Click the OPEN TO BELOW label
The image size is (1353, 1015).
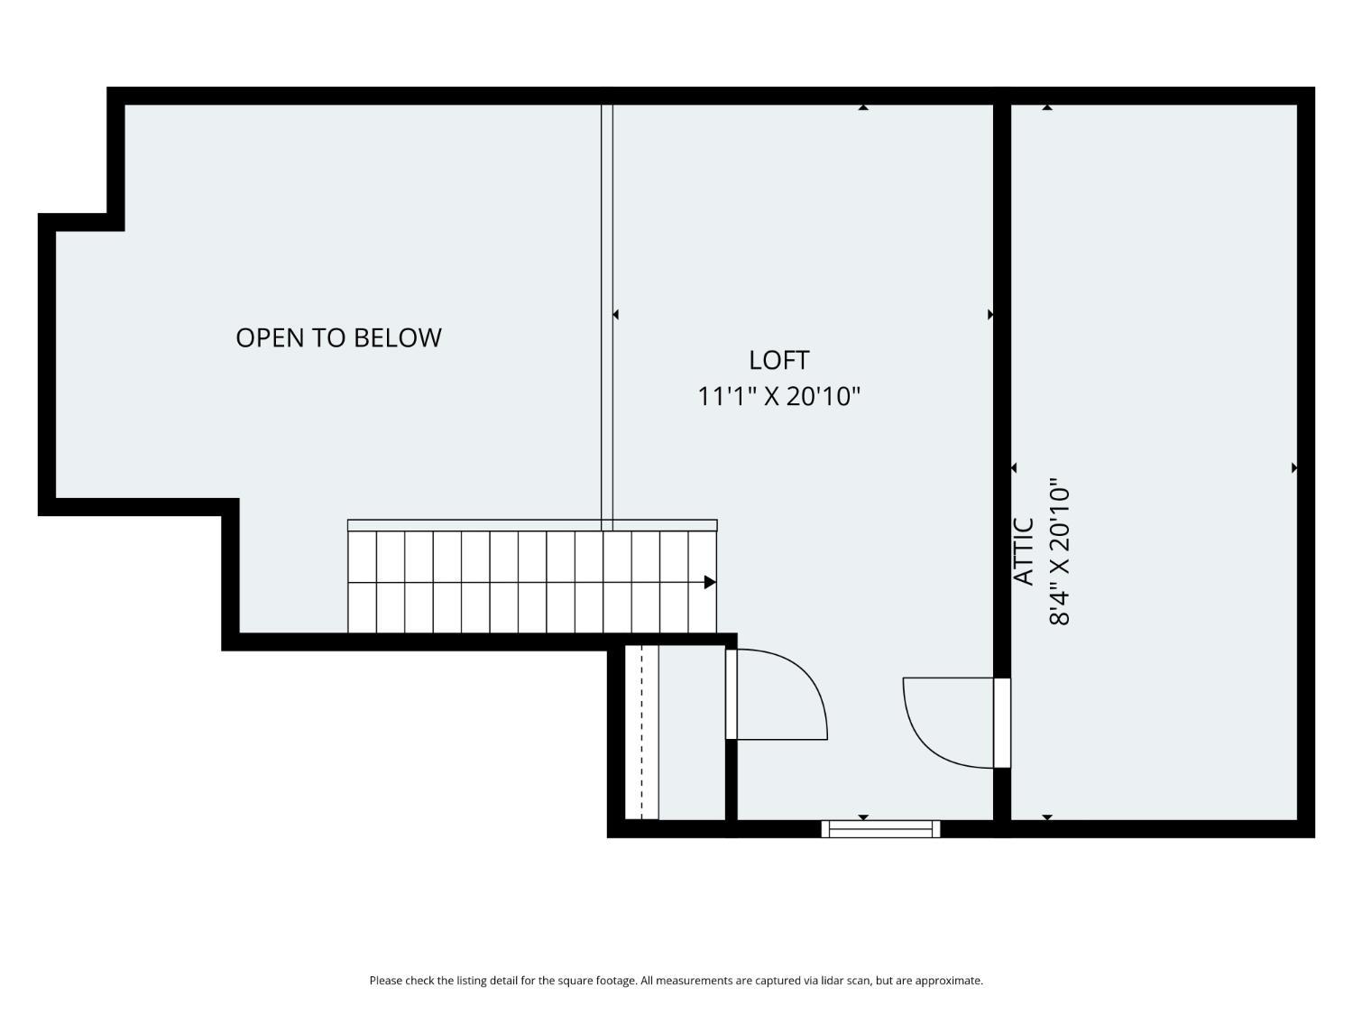point(338,337)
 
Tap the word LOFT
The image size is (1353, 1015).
point(778,361)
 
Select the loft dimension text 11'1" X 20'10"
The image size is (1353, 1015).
point(778,396)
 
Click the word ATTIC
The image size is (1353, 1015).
point(1024,551)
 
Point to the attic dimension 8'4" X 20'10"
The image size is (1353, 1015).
point(1060,551)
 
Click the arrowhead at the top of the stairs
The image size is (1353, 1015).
point(710,582)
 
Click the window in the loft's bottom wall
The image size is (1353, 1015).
point(880,829)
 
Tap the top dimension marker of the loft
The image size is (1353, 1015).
point(863,107)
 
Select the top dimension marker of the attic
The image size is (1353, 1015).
point(1047,107)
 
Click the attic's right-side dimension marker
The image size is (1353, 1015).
point(1294,468)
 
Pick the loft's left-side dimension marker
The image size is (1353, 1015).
point(615,314)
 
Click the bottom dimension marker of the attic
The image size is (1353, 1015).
point(1047,817)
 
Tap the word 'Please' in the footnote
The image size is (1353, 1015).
point(386,981)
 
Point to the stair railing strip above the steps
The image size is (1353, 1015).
point(532,525)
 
